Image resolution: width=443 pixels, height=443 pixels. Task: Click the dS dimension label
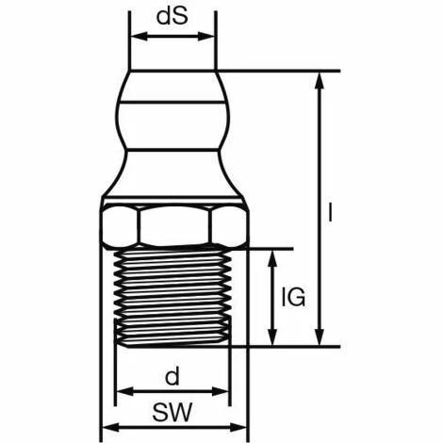coord(172,17)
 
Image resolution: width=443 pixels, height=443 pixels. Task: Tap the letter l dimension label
coord(331,213)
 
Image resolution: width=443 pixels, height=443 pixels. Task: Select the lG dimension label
coord(294,298)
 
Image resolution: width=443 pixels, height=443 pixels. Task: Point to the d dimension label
coord(172,378)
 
